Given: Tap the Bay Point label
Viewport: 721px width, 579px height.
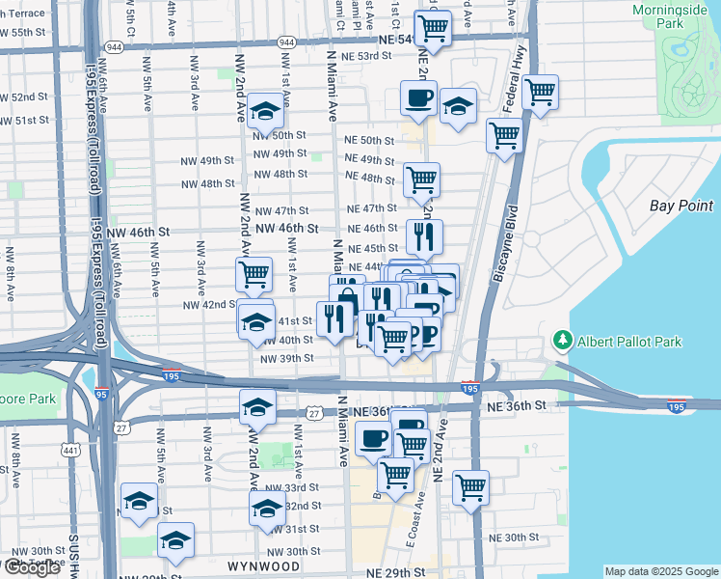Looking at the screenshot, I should point(681,206).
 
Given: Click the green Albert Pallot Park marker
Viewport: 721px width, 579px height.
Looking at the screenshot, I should point(563,342).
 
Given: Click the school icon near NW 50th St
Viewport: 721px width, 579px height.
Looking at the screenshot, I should point(264,112).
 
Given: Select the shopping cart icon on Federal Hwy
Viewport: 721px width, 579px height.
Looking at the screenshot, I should point(540,93).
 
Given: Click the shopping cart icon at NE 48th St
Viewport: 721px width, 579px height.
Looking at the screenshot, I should point(421,179).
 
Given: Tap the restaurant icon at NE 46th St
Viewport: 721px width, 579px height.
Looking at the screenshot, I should point(424,235).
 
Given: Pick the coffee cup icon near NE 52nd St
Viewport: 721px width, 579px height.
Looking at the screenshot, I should point(419,97).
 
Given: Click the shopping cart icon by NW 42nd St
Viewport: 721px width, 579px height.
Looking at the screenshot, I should point(254,274).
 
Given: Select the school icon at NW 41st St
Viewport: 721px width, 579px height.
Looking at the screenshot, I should point(256,321).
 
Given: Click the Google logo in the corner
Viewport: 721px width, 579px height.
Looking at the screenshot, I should point(32,567).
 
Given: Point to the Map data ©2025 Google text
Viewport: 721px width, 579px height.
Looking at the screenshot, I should point(660,571).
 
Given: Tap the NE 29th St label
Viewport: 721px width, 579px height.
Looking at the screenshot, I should point(395,572).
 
